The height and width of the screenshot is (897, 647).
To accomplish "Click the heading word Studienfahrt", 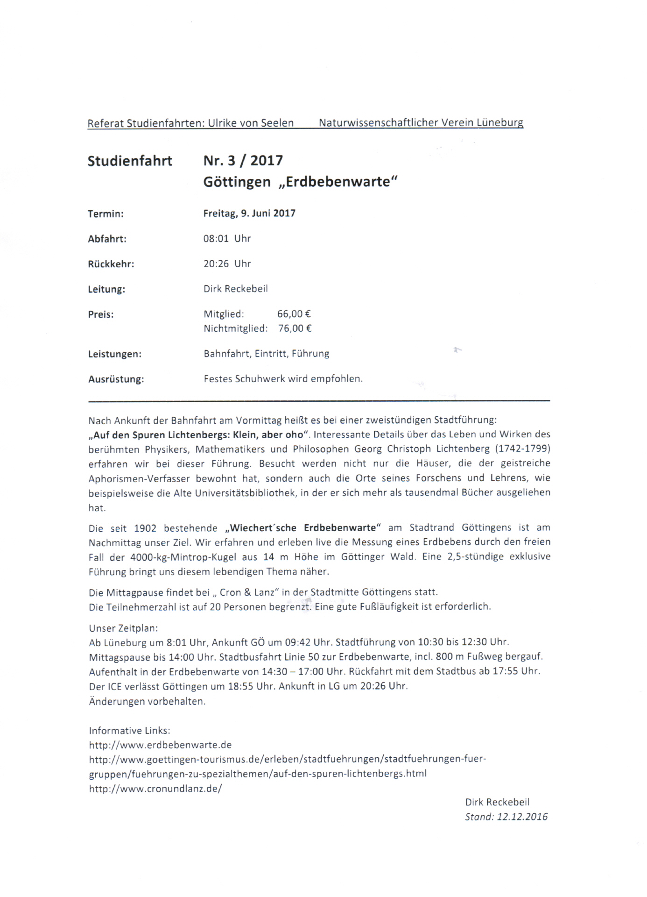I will [130, 161].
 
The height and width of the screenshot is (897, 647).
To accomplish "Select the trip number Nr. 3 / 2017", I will [243, 161].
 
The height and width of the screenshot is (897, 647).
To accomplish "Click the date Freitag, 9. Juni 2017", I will [249, 214].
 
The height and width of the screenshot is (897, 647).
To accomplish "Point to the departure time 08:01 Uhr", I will [227, 239].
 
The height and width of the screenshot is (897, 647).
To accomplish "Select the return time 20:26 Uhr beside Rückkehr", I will [227, 264].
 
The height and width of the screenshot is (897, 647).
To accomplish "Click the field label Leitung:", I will [106, 289].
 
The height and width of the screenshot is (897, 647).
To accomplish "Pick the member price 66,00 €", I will [294, 314].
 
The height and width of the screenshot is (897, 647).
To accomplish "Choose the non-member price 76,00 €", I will [295, 328].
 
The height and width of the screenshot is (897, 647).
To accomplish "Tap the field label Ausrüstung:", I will [116, 379].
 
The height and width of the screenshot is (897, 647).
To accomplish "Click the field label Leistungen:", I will [114, 354].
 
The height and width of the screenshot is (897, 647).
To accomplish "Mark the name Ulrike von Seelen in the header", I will [251, 123].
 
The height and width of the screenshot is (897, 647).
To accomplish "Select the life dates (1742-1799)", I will [520, 449].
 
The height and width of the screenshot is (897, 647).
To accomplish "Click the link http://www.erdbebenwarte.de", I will [160, 745].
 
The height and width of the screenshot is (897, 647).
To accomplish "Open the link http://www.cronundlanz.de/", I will [155, 789].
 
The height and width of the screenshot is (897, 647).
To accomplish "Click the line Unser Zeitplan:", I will [123, 628].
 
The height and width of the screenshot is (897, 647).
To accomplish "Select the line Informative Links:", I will [129, 730].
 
